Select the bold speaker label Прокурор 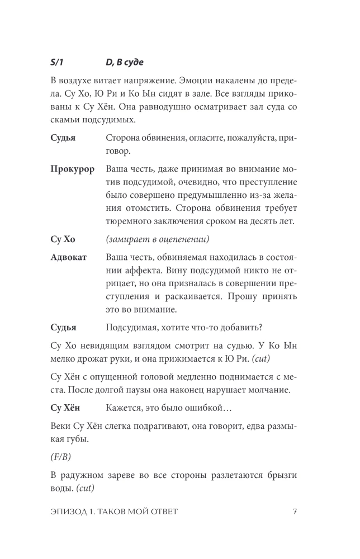72,169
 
